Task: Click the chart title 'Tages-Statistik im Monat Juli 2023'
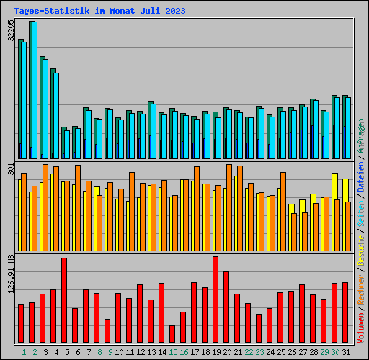[99, 11]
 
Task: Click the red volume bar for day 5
[64, 300]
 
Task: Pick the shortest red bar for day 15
[172, 334]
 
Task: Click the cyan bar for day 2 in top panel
[34, 90]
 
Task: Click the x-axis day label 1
[24, 352]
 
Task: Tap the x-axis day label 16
[184, 352]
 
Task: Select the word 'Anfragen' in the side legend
[361, 137]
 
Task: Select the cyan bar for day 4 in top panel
[55, 115]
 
